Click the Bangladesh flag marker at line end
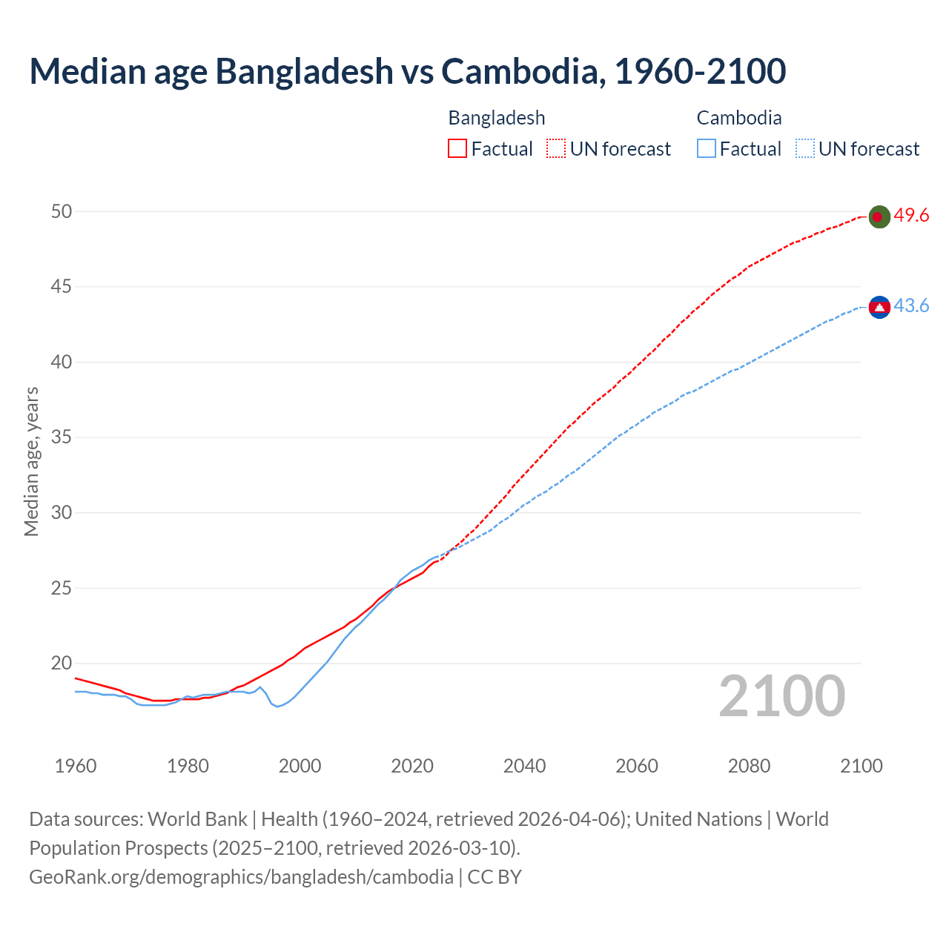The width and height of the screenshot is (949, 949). coord(879,216)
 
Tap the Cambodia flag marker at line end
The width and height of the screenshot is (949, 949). coord(879,307)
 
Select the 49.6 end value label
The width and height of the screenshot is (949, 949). coord(911,216)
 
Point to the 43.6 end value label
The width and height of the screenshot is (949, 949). coord(911,306)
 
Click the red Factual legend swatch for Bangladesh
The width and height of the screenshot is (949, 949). coord(457,149)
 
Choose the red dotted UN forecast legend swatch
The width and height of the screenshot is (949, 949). coord(556,149)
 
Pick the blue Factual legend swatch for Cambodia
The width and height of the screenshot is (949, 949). coord(707,149)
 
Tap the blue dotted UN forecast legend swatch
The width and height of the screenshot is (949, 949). coord(804,149)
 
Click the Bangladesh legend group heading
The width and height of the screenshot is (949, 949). coord(497,118)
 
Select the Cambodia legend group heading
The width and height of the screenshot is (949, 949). coord(739,118)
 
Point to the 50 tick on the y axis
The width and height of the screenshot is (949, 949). coord(62,211)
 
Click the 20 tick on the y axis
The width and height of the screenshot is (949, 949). coord(62,664)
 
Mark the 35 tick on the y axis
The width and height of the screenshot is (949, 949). coord(62,437)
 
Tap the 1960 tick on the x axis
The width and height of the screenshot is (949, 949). coord(76,766)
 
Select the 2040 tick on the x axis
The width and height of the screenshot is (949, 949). coord(524,766)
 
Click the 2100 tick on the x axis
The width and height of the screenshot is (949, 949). coord(862,766)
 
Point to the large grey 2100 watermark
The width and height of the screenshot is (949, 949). coord(782,695)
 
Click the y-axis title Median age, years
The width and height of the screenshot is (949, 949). coord(31,461)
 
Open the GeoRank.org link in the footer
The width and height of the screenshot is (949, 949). coord(241,877)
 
